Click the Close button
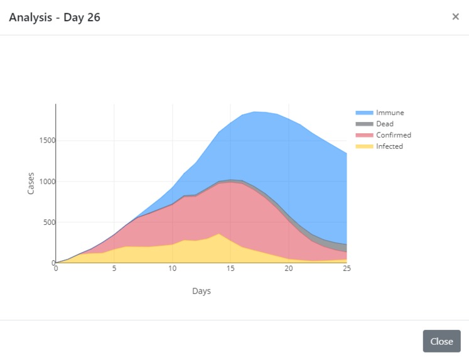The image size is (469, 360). pyautogui.click(x=441, y=341)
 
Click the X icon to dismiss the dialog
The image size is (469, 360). pyautogui.click(x=455, y=17)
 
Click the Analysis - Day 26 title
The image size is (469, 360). pyautogui.click(x=55, y=17)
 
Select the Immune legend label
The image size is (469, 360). pyautogui.click(x=390, y=112)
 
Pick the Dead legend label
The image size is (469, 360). pyautogui.click(x=385, y=124)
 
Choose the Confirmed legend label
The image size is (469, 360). pyautogui.click(x=394, y=135)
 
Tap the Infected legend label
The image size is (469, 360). pyautogui.click(x=389, y=146)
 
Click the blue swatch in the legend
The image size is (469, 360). pyautogui.click(x=364, y=112)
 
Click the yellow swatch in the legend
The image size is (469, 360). pyautogui.click(x=364, y=146)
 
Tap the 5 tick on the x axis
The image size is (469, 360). pyautogui.click(x=114, y=269)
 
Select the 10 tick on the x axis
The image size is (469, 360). pyautogui.click(x=172, y=269)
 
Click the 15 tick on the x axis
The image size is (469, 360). pyautogui.click(x=230, y=269)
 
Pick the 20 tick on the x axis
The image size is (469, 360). pyautogui.click(x=289, y=269)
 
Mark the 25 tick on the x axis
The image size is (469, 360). pyautogui.click(x=347, y=269)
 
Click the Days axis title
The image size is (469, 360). pyautogui.click(x=202, y=291)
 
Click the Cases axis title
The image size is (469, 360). pyautogui.click(x=31, y=183)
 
